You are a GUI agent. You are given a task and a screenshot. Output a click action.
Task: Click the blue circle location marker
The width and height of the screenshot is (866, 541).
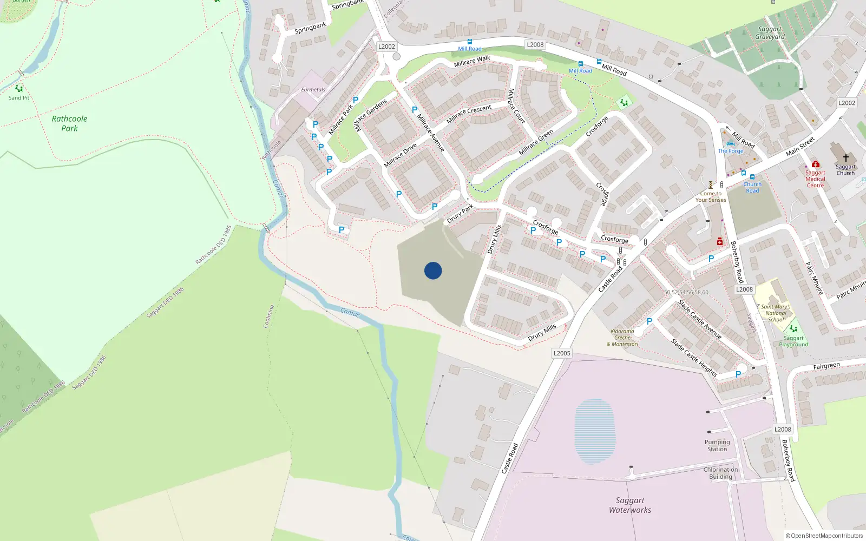[433, 270]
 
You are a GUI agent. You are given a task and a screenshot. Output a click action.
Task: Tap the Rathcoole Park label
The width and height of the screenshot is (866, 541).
[69, 123]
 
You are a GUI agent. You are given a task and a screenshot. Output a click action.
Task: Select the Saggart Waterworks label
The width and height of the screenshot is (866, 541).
[630, 505]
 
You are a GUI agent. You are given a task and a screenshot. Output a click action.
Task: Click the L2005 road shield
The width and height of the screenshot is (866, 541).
[562, 353]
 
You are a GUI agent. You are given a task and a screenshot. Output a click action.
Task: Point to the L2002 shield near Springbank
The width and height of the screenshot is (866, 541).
[386, 47]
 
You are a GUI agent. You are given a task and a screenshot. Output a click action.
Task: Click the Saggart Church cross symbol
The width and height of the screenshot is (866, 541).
[845, 158]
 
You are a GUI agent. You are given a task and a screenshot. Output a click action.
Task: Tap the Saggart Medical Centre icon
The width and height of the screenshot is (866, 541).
[815, 164]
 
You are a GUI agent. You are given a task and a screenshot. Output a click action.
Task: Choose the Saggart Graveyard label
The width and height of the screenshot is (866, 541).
[770, 33]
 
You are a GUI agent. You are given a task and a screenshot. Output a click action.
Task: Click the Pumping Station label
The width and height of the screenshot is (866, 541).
[717, 445]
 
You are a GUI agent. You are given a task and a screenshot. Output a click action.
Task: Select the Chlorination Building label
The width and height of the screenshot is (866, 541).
[720, 473]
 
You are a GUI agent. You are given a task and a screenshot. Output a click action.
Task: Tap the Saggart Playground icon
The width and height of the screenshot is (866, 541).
[793, 328]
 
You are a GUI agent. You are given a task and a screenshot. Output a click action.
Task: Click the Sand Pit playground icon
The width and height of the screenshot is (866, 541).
[19, 89]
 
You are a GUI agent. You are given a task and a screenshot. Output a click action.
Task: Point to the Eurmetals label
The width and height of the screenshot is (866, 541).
[313, 90]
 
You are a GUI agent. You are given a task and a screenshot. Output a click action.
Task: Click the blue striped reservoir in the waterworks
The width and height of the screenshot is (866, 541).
[595, 431]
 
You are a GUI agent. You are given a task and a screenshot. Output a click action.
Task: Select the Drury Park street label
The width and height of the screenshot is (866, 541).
[460, 214]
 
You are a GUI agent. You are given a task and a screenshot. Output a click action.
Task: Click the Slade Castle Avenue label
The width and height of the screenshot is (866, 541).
[700, 319]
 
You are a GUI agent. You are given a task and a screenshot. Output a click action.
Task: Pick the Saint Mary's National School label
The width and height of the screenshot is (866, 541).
[776, 313]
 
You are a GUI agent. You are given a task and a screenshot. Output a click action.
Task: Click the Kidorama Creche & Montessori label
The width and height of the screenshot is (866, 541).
[622, 338]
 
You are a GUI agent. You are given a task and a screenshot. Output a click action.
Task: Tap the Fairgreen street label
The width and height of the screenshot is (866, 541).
[826, 366]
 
